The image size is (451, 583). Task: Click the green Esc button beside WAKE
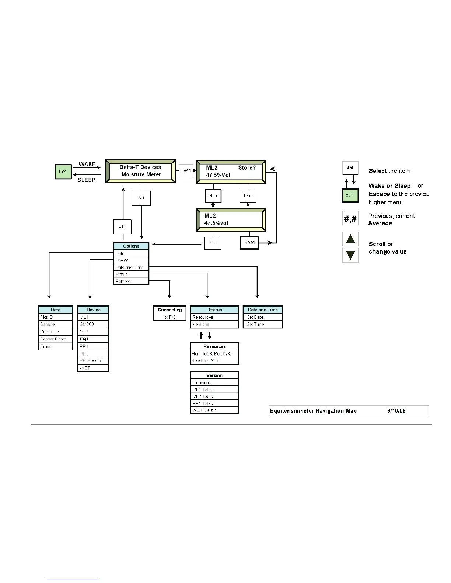[63, 172]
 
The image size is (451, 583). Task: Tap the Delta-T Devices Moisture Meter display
[140, 171]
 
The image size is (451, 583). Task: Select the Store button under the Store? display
[213, 196]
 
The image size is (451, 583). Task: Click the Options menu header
[131, 246]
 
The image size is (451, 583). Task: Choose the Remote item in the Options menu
[131, 281]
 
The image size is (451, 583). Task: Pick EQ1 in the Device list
[93, 339]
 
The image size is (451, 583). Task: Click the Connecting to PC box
[170, 313]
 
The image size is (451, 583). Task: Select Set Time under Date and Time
[263, 324]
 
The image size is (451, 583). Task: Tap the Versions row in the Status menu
[214, 324]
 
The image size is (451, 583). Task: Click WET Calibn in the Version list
[214, 410]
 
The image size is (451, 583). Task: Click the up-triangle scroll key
[350, 239]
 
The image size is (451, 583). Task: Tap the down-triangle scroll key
[350, 255]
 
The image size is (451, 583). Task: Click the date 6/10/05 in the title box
[396, 411]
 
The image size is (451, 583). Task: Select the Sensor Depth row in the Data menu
[55, 339]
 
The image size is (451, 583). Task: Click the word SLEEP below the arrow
[87, 180]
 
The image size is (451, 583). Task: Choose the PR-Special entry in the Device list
[93, 361]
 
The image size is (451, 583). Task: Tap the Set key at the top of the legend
[350, 168]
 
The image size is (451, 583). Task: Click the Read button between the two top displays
[186, 170]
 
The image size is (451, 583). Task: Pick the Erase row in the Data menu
[55, 346]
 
